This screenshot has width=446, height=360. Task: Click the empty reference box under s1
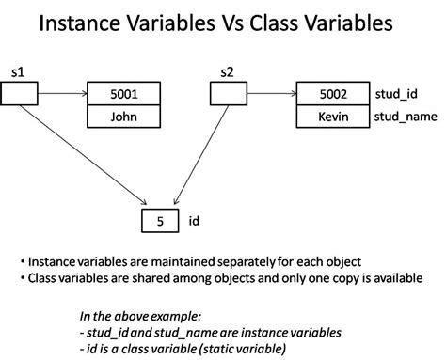20,94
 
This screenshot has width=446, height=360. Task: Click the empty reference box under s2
227,94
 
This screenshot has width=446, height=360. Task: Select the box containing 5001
122,94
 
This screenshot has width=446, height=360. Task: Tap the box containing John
122,117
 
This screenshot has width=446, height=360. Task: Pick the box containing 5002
330,94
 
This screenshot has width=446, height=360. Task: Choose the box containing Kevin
330,117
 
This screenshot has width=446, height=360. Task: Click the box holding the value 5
159,222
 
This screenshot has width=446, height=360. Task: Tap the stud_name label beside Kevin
400,117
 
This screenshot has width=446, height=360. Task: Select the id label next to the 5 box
192,222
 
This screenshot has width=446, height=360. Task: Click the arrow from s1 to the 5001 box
61,94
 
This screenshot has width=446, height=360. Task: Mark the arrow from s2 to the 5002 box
270,94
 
